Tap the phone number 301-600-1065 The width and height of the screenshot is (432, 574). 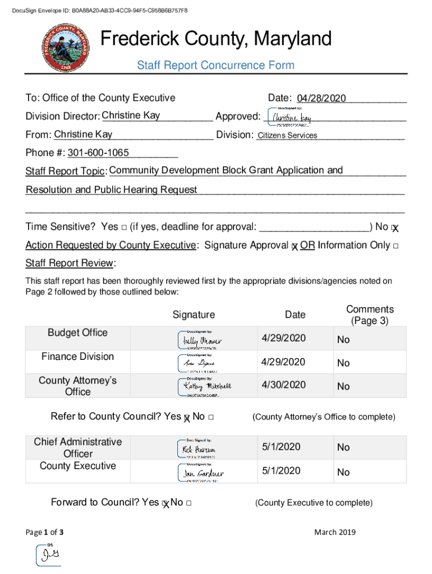98,153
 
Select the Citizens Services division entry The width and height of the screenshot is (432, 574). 287,135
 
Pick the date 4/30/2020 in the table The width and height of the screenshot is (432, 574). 283,385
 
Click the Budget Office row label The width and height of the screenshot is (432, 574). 77,332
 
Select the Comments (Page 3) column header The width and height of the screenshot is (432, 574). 370,315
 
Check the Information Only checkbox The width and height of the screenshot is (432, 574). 396,246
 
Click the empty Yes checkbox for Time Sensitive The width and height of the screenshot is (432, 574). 123,227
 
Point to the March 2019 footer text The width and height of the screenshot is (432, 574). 334,532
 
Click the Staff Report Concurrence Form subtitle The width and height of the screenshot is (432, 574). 215,66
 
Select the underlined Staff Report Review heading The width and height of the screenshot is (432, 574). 70,263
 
